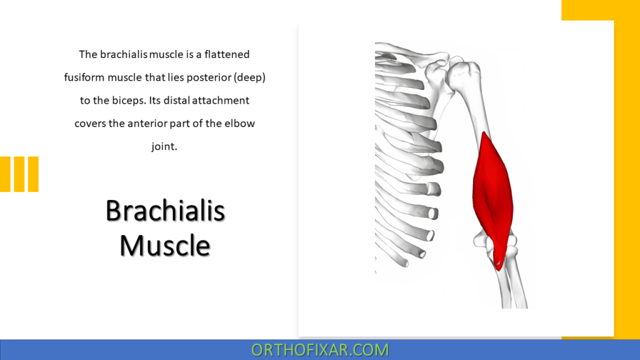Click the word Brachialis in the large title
[165, 211]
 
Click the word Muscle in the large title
[165, 245]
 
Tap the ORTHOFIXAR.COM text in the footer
[319, 349]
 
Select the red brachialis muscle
[494, 194]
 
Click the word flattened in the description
[224, 54]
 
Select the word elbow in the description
[240, 123]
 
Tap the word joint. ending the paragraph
[165, 146]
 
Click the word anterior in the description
[149, 123]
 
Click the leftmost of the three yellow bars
[5, 174]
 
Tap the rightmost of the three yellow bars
[33, 174]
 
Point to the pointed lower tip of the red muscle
[498, 266]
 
